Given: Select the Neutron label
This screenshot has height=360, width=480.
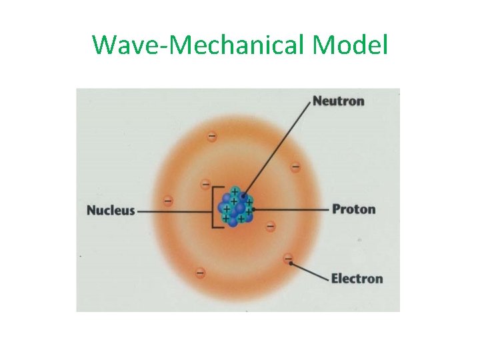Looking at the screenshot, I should [x=338, y=101].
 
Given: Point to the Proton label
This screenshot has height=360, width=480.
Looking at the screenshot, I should [x=353, y=209].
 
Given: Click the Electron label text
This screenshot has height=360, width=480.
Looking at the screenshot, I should [x=357, y=278].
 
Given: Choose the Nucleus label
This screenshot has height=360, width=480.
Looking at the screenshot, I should [x=111, y=211].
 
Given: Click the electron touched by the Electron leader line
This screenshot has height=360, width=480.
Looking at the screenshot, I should [x=288, y=258].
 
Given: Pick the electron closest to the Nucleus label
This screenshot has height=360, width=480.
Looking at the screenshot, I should [x=168, y=199].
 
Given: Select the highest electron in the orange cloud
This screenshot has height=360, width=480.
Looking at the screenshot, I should [x=211, y=136].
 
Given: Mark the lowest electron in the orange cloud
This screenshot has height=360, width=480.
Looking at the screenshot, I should [x=200, y=272].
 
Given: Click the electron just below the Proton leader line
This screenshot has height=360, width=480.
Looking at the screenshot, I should [x=270, y=227].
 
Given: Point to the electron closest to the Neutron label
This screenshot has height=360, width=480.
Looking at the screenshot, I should [x=295, y=165].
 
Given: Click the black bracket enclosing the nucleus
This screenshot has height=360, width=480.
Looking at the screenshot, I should [x=214, y=209].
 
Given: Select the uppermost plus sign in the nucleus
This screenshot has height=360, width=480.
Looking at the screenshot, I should [x=235, y=191].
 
